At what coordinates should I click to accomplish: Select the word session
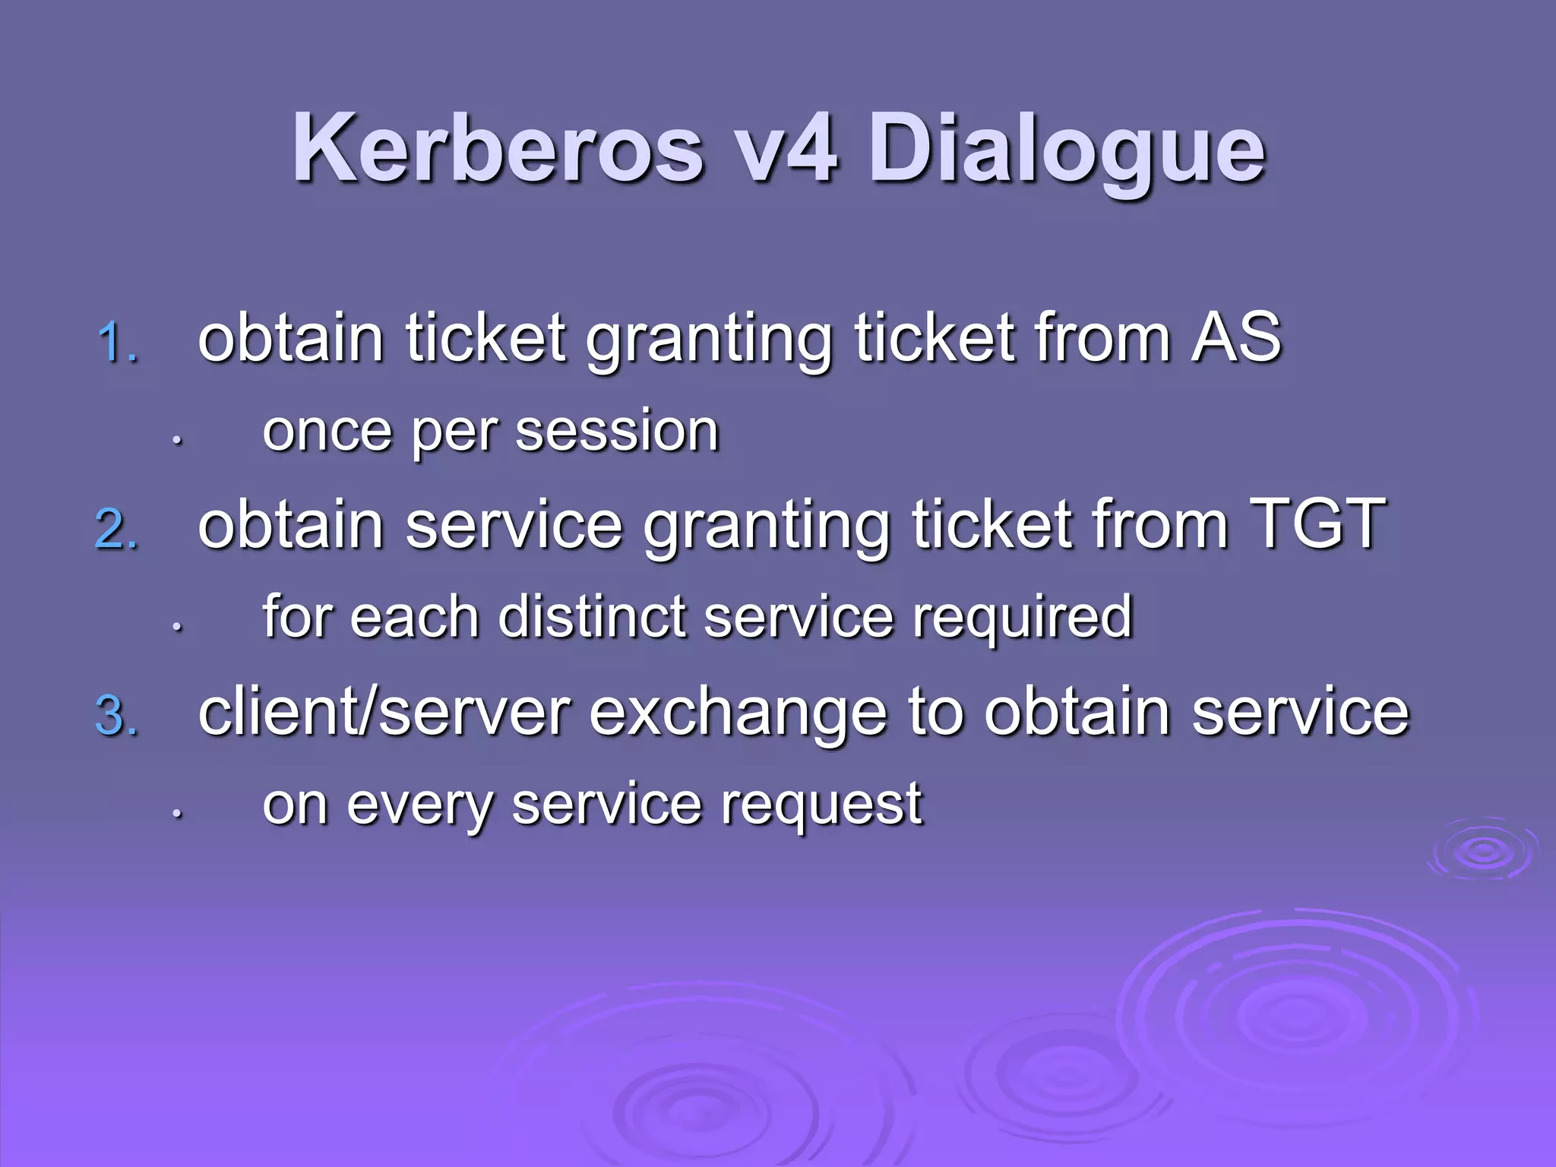617,431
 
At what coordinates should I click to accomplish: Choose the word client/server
384,712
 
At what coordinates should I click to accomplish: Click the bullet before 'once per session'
176,440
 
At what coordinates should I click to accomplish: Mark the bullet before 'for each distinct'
176,627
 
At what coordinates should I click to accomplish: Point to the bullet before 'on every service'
176,814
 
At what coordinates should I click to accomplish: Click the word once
327,431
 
